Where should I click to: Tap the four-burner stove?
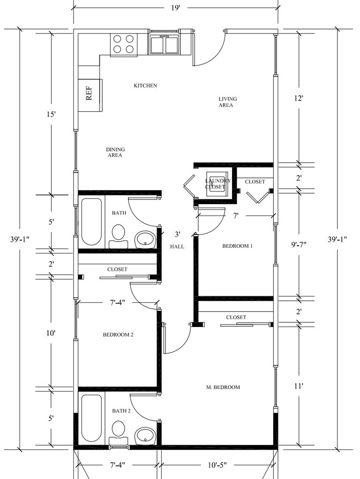pyautogui.click(x=123, y=45)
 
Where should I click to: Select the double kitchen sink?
pyautogui.click(x=164, y=44)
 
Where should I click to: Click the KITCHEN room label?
pyautogui.click(x=145, y=86)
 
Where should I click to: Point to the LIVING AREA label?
pyautogui.click(x=227, y=102)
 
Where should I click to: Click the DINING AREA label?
pyautogui.click(x=115, y=152)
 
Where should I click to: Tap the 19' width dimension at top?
pyautogui.click(x=176, y=8)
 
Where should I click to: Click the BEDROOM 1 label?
pyautogui.click(x=237, y=246)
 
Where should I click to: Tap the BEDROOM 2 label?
pyautogui.click(x=118, y=335)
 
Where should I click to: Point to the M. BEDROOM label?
pyautogui.click(x=223, y=387)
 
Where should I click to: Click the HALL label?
pyautogui.click(x=177, y=246)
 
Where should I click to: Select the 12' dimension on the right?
pyautogui.click(x=299, y=98)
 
